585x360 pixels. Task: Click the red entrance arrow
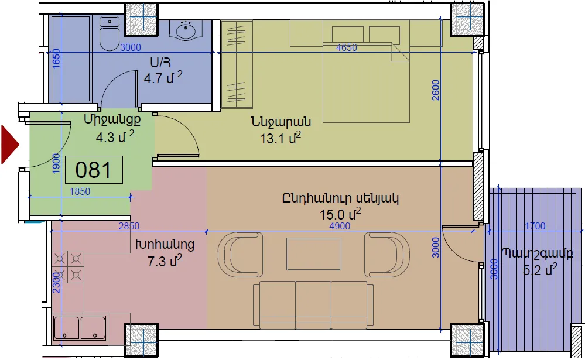[9, 145]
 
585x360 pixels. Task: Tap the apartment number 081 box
[94, 170]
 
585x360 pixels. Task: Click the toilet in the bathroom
[110, 33]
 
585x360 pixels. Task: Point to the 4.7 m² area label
[163, 78]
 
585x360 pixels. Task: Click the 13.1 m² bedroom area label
[280, 138]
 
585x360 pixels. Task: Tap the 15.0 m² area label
[340, 214]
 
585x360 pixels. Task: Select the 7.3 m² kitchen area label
[165, 260]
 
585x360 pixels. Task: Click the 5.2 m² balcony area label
[540, 269]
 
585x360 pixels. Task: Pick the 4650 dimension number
[347, 47]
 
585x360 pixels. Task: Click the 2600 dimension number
[436, 90]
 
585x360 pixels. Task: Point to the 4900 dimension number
[340, 226]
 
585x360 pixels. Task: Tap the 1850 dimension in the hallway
[80, 191]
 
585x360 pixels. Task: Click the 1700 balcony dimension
[535, 226]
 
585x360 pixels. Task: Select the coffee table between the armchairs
[314, 254]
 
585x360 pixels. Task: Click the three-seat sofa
[313, 305]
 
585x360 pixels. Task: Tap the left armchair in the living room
[240, 255]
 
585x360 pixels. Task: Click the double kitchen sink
[80, 328]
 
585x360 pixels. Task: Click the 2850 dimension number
[129, 226]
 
